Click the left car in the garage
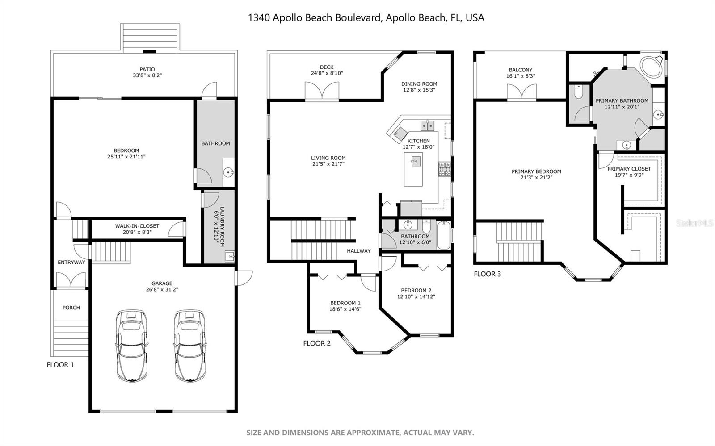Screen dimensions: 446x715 pos(131,346)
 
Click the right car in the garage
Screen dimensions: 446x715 pos(190,346)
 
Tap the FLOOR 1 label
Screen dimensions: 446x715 pos(60,365)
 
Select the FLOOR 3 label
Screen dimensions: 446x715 pos(487,274)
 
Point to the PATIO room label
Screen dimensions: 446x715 pos(147,69)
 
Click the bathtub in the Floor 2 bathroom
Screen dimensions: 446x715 pos(444,235)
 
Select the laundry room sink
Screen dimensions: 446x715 pos(230,256)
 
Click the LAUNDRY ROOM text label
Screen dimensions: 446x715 pos(219,226)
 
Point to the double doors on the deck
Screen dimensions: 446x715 pos(322,92)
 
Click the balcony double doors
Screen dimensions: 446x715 pos(521,92)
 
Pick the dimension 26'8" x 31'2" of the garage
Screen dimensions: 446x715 pos(162,289)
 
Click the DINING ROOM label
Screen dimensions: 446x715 pos(419,83)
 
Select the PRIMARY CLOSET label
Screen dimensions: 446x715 pos(629,169)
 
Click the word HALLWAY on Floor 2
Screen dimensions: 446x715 pos(359,251)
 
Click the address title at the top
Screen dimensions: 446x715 pos(366,18)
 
